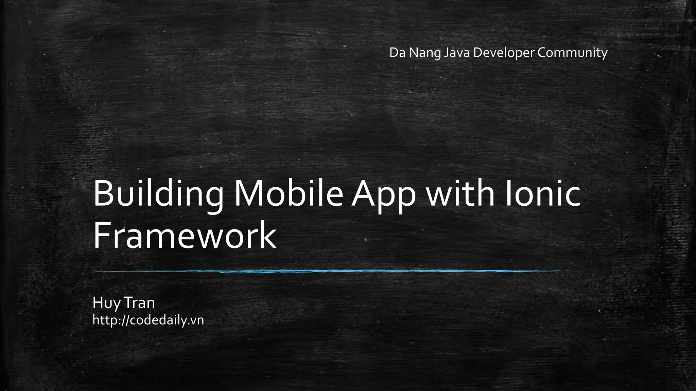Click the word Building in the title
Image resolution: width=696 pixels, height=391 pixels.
click(x=158, y=194)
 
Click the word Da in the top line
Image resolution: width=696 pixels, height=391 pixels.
click(x=397, y=53)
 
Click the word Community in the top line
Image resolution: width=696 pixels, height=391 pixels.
click(x=573, y=53)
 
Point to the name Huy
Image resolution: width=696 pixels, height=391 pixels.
click(x=106, y=303)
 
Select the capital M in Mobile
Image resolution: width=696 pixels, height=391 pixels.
click(x=250, y=193)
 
